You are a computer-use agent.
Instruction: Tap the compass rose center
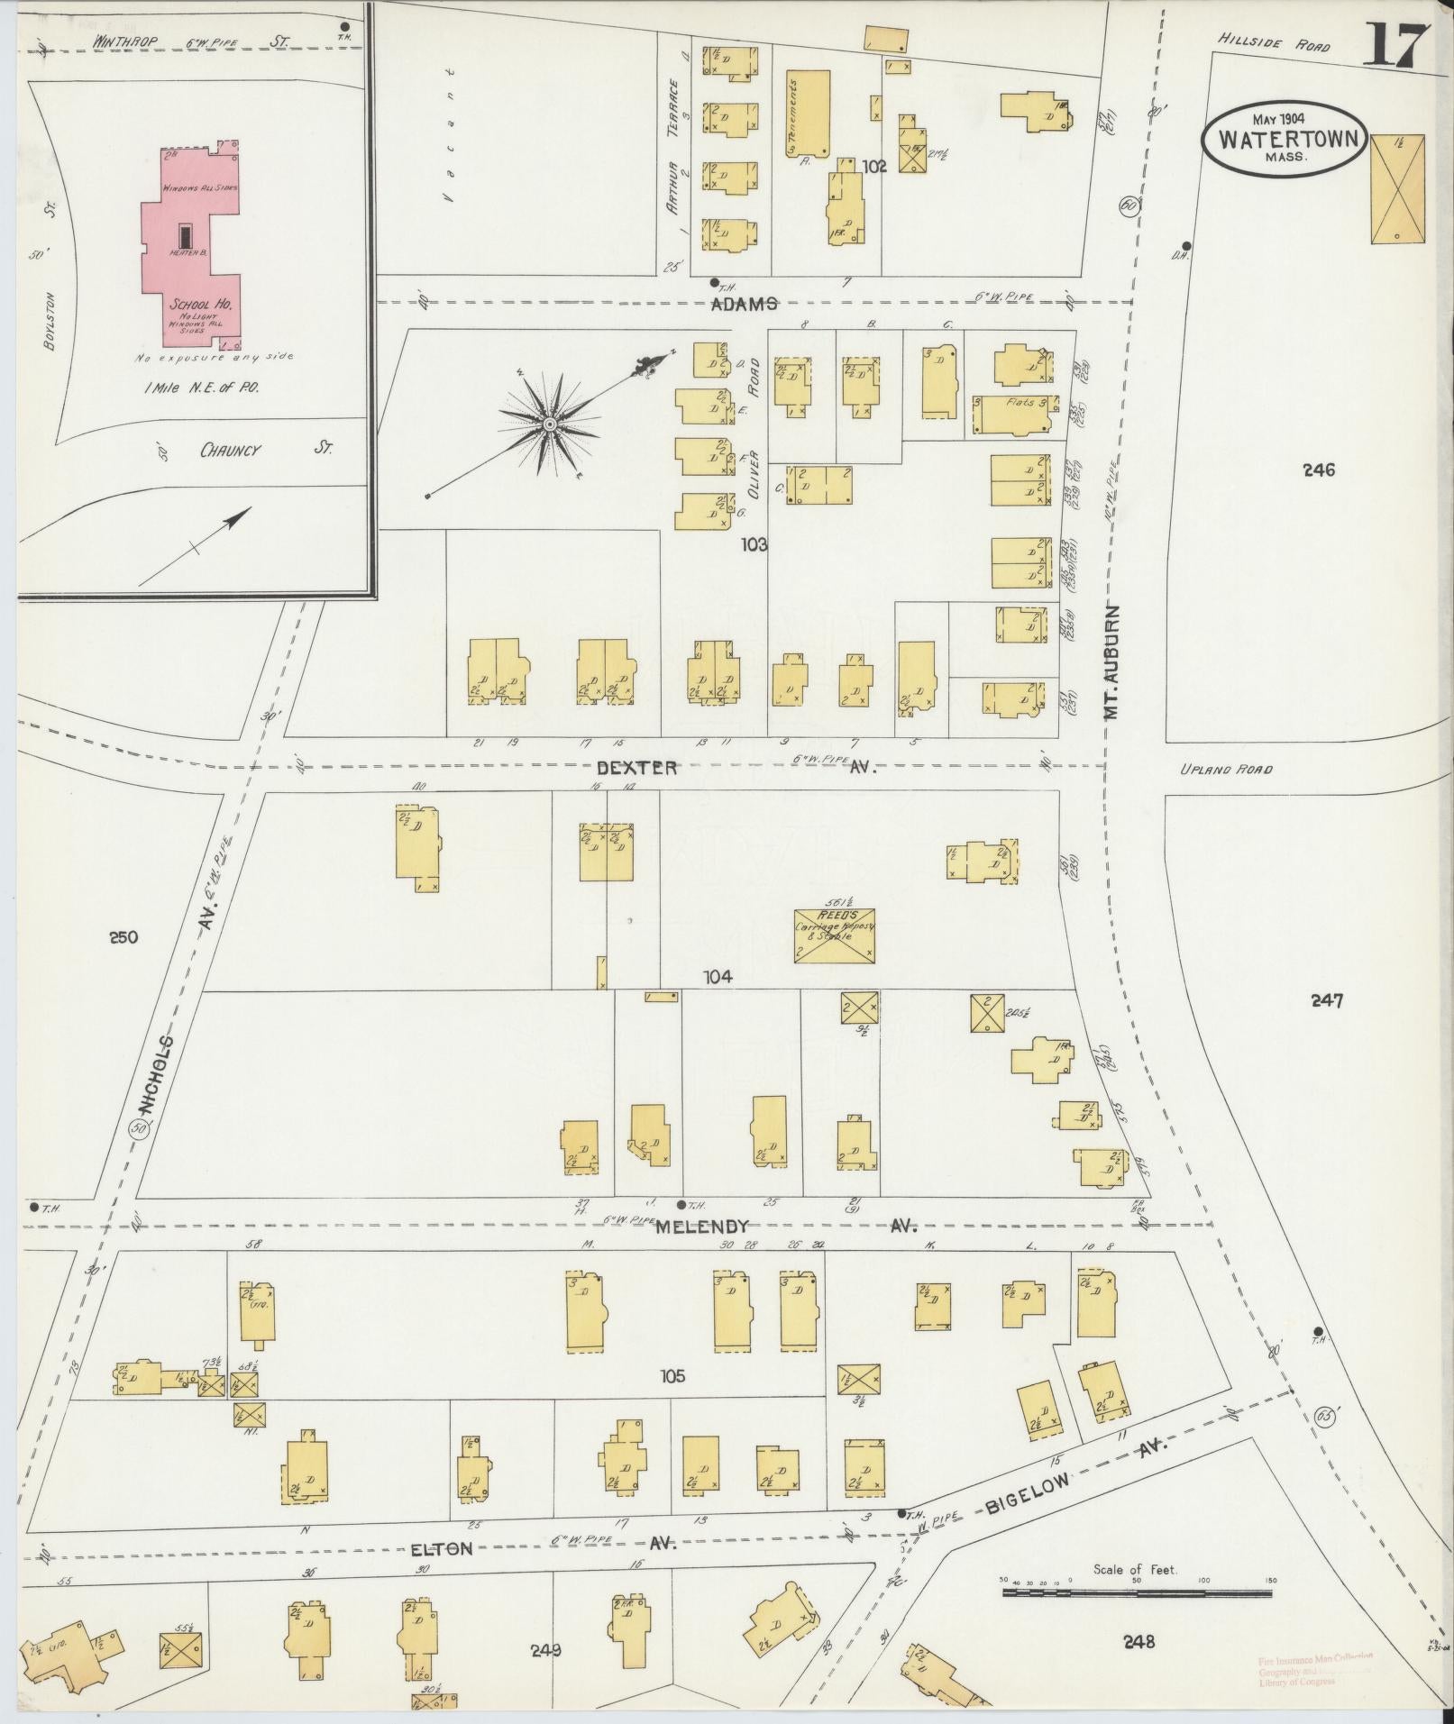(548, 424)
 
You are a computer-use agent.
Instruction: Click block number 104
(718, 976)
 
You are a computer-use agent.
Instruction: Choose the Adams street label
(745, 305)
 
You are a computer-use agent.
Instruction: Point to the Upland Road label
(1225, 770)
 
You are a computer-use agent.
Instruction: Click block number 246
(1319, 470)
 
